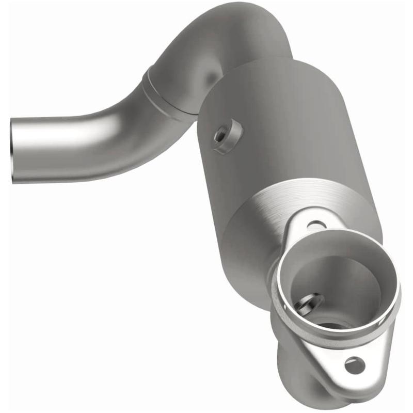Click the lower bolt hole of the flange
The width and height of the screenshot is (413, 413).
(355, 366)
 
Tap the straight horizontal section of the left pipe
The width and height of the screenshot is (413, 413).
(62, 147)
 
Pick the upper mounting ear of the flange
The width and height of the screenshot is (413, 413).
(310, 219)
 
